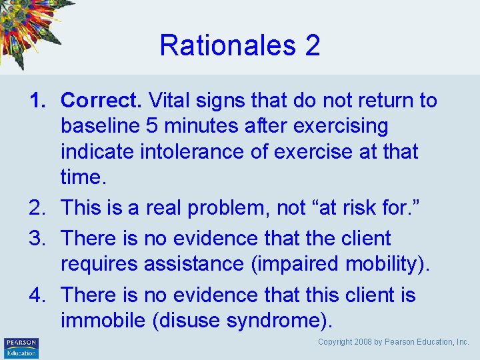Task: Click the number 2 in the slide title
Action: pyautogui.click(x=313, y=45)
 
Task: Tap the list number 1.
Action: pyautogui.click(x=36, y=101)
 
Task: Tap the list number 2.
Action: pyautogui.click(x=36, y=208)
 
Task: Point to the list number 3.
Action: pyautogui.click(x=36, y=238)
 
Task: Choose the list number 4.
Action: pyautogui.click(x=36, y=295)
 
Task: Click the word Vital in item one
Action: pyautogui.click(x=167, y=101)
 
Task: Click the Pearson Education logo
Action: pyautogui.click(x=21, y=347)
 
